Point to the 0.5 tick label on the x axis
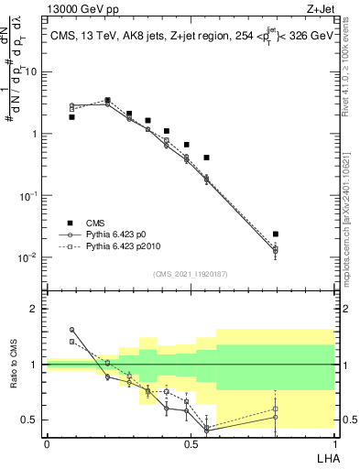click(191, 443)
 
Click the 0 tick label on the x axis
click(47, 443)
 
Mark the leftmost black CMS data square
click(71, 117)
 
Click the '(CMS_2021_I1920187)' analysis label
click(191, 273)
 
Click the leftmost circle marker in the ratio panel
click(71, 330)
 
